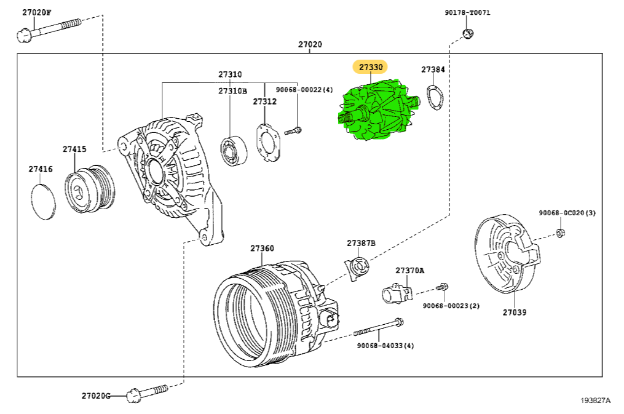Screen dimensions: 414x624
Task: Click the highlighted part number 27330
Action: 370,66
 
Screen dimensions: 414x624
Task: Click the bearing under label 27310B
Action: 234,149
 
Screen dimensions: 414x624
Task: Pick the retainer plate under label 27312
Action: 267,143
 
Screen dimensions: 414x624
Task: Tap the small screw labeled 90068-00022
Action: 293,130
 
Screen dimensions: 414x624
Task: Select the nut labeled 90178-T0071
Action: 467,34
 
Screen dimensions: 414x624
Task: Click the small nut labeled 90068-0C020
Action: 560,233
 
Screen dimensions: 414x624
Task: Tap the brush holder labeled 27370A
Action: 398,293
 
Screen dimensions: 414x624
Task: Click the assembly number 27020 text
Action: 310,44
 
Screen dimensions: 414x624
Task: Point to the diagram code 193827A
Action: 594,400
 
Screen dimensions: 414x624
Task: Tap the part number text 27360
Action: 262,248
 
